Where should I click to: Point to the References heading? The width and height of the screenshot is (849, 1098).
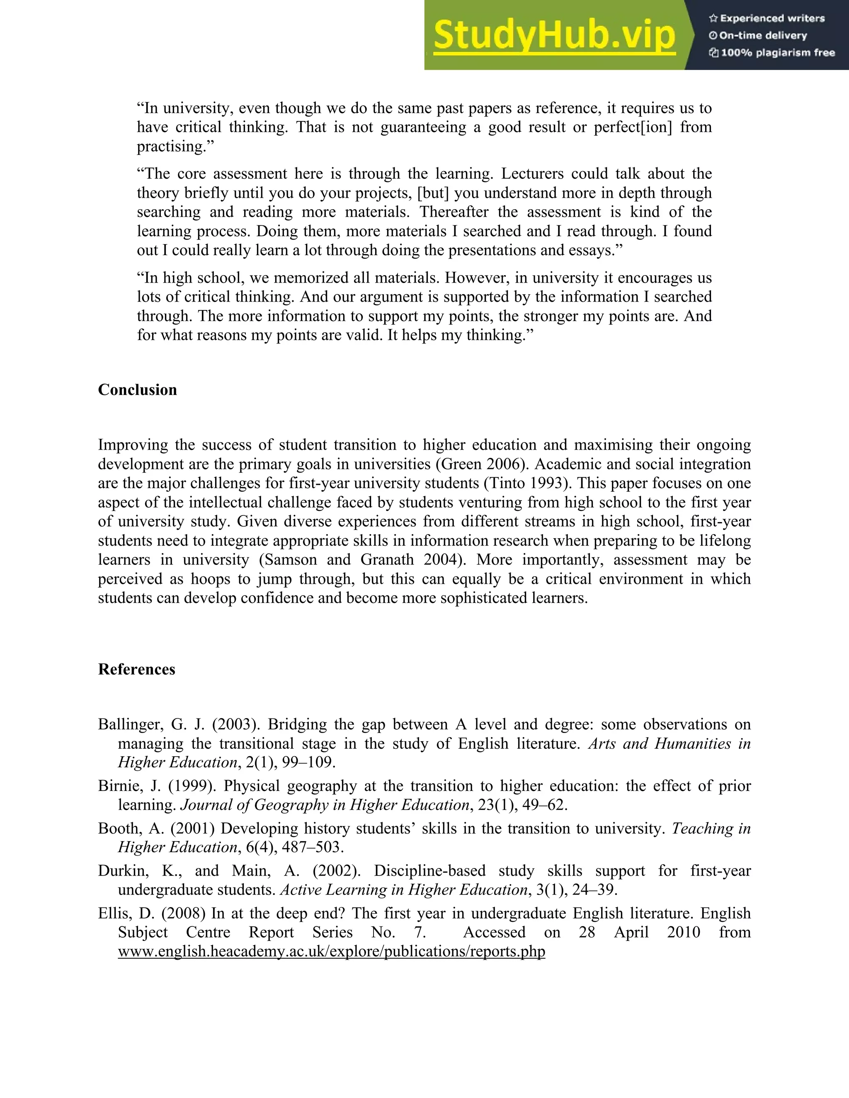click(x=136, y=669)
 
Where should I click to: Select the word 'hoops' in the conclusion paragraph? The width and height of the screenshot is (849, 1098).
click(x=211, y=579)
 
